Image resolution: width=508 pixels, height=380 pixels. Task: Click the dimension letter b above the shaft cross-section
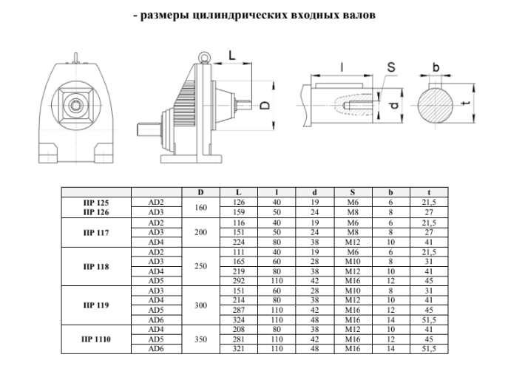click(x=436, y=68)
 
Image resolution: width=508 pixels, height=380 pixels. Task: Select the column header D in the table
click(x=200, y=193)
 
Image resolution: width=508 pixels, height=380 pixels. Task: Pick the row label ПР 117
click(x=96, y=232)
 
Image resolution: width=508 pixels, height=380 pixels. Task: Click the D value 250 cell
click(x=200, y=265)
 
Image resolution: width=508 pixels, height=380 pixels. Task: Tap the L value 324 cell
click(x=238, y=319)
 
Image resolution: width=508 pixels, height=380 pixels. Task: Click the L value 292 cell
click(x=238, y=280)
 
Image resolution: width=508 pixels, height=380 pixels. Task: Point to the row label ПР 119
click(x=96, y=304)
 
